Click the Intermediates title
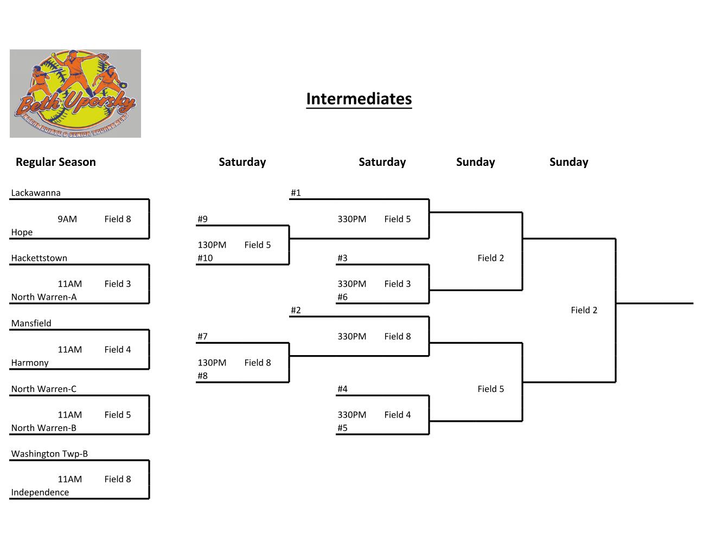(x=359, y=99)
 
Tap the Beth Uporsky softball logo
(x=75, y=93)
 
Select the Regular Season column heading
(x=55, y=162)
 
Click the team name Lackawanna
(x=36, y=192)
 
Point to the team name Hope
(x=22, y=232)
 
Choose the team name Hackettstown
(x=39, y=258)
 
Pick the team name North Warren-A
(x=44, y=297)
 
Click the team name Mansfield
(x=31, y=323)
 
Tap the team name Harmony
(x=30, y=363)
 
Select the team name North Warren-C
(x=44, y=389)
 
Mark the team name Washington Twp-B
(x=49, y=454)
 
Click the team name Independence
(x=40, y=492)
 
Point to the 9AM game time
(x=67, y=219)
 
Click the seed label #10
(x=205, y=258)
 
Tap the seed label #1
(x=296, y=192)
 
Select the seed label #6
(x=342, y=297)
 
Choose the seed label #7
(x=202, y=336)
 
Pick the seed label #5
(x=342, y=428)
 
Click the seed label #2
(x=296, y=310)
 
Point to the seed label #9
(x=202, y=219)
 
